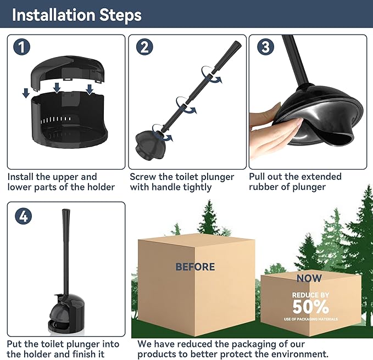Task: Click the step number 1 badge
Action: point(22,47)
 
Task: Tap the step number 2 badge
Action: point(144,47)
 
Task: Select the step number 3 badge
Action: point(265,47)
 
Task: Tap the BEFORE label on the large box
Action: point(195,267)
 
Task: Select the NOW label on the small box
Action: point(309,278)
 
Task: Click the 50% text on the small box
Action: point(310,306)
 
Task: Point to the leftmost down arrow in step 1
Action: point(26,94)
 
